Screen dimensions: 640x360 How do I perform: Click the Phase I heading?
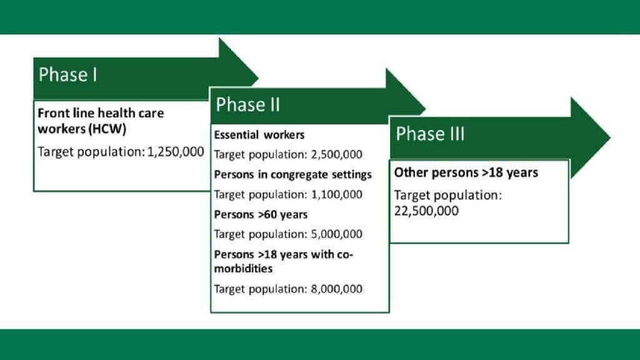67,75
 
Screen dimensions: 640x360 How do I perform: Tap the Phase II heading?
247,104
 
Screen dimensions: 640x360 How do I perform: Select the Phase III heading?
430,134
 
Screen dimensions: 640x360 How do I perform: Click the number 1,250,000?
176,151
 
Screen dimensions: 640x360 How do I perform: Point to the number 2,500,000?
336,154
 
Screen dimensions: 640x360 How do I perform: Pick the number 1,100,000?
336,194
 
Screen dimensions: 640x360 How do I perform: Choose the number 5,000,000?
336,234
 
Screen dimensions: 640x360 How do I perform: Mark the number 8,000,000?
336,289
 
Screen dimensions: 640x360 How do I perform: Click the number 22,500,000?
426,211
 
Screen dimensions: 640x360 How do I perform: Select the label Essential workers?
259,135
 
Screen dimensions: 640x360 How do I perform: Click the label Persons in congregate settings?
292,175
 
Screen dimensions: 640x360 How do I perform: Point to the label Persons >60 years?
261,215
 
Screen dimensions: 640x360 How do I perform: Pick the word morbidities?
243,269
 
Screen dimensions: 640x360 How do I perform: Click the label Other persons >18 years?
466,172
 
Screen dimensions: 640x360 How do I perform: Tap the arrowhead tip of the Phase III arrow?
611,137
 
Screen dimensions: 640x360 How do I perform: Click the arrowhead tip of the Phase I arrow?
258,77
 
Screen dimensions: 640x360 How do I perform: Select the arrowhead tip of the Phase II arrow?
425,109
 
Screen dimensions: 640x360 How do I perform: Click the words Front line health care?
101,113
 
